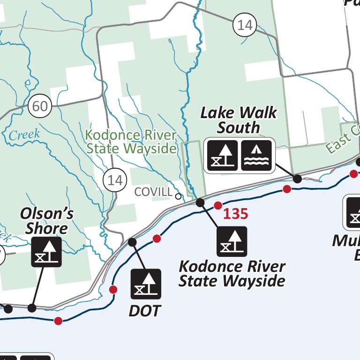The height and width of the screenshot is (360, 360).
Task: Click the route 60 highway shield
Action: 40,106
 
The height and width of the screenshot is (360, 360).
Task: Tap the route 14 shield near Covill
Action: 115,180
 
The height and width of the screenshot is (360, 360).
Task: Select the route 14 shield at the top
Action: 245,25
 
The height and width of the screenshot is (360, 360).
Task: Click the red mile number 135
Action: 235,214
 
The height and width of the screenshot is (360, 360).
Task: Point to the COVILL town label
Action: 153,192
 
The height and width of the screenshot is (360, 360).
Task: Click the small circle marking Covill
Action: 178,196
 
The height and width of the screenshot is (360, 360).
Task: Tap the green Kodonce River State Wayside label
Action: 131,142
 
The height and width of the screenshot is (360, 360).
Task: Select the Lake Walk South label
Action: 239,120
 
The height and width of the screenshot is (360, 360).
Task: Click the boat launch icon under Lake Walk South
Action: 256,155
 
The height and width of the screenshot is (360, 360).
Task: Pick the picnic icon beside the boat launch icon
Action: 222,155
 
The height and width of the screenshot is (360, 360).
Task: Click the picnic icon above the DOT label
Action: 146,284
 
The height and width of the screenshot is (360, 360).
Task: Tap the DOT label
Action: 145,310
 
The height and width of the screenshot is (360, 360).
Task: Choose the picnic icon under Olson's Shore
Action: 46,252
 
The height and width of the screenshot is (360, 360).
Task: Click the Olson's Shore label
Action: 47,221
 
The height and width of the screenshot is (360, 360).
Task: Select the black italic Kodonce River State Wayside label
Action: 232,274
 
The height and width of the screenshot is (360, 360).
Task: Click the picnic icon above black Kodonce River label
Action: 232,242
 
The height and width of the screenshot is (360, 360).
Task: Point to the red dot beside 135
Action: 218,205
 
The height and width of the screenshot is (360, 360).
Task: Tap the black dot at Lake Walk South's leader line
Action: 297,179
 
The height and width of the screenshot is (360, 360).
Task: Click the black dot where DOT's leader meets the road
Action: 132,242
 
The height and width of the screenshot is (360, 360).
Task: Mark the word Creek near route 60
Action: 24,135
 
